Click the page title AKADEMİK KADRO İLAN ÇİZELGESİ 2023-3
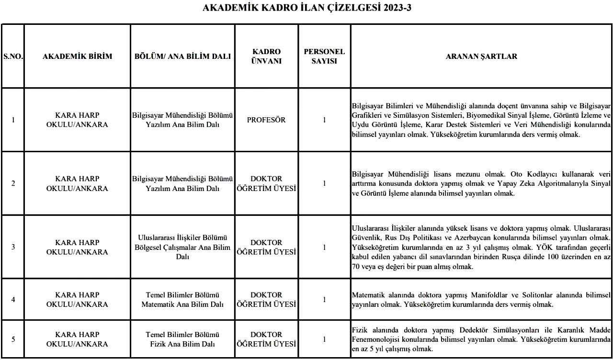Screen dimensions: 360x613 [x=306, y=8]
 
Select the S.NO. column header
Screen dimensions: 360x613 [x=13, y=56]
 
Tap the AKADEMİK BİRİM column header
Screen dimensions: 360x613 [x=77, y=56]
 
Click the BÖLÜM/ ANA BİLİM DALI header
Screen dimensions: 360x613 [x=182, y=56]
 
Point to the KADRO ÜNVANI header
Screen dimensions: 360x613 [x=266, y=56]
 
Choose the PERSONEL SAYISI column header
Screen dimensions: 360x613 [x=324, y=56]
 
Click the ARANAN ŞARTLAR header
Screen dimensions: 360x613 [x=481, y=56]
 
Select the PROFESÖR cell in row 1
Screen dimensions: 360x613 [x=266, y=120]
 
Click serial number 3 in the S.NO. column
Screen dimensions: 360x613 [x=13, y=247]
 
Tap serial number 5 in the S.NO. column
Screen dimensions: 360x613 [x=13, y=339]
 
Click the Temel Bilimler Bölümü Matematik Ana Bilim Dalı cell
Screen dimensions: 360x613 [x=182, y=300]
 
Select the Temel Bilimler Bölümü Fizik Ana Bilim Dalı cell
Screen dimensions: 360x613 [x=182, y=339]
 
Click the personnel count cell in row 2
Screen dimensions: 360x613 [x=324, y=183]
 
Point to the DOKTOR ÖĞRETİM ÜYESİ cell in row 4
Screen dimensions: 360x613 [x=266, y=300]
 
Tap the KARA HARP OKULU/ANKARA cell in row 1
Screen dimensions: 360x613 [x=77, y=120]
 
